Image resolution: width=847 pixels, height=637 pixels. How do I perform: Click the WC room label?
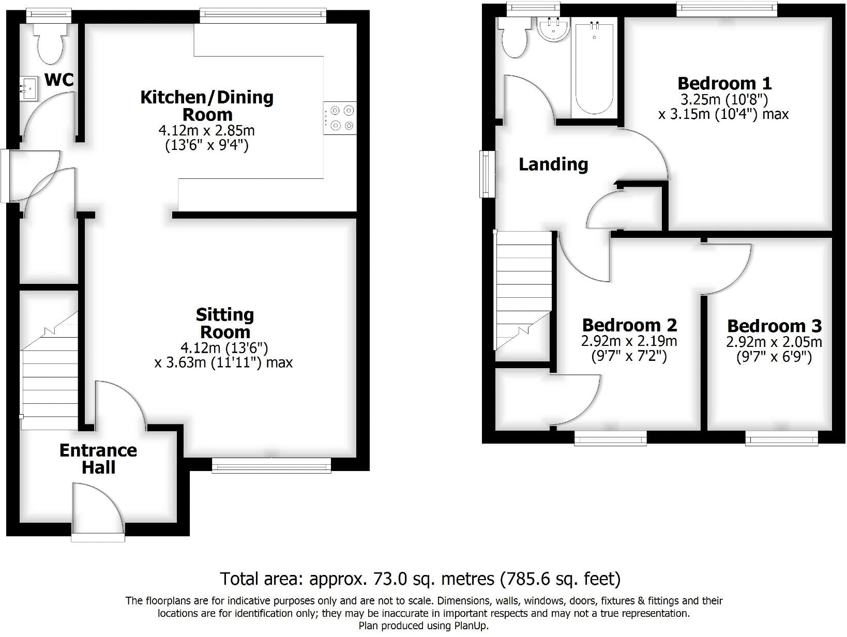pos(59,80)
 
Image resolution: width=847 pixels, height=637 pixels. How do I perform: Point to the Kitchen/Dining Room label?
pos(207,105)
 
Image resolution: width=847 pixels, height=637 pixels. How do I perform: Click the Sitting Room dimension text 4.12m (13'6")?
pos(224,347)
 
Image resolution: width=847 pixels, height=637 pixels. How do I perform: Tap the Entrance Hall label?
pos(98,459)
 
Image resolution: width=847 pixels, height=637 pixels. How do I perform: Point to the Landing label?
pos(553,164)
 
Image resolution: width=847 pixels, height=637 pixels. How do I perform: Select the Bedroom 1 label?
pos(724,83)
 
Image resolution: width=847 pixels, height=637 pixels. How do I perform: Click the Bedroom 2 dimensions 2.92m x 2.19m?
pos(629,341)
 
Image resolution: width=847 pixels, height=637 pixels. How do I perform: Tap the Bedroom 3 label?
pos(774,326)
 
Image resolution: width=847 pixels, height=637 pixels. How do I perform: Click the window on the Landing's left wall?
pos(487,174)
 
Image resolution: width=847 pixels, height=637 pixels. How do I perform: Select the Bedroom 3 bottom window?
pos(781,439)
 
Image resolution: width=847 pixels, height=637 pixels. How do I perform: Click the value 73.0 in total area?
pos(384,579)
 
